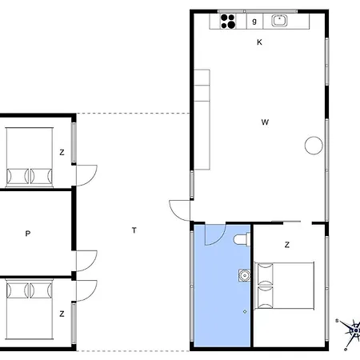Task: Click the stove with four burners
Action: click(x=228, y=22)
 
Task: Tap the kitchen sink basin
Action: click(x=279, y=21)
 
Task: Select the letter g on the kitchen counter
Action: click(x=254, y=21)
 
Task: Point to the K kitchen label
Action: click(x=259, y=42)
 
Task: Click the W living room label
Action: click(x=265, y=122)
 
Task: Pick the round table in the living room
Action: click(x=314, y=146)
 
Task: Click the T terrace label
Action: click(x=134, y=230)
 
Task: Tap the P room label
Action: click(x=28, y=234)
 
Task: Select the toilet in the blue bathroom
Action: click(x=242, y=239)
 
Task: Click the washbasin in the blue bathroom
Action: click(x=244, y=275)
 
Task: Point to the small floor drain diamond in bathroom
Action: click(x=245, y=311)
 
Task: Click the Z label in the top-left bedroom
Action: click(x=62, y=152)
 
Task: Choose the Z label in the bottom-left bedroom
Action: click(x=62, y=314)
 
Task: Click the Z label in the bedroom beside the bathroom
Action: click(x=287, y=245)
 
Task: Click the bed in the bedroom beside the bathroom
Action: click(x=284, y=286)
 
